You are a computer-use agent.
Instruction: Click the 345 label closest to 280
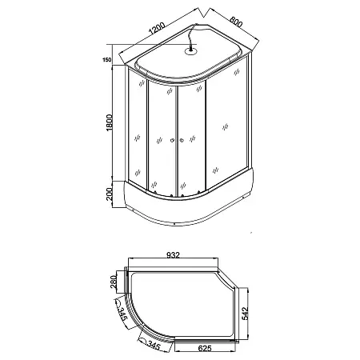(122, 314)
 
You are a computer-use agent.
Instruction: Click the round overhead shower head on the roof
(190, 53)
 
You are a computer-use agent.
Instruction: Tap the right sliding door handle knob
(182, 142)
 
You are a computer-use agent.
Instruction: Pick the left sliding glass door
(160, 140)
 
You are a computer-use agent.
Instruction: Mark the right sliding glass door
(193, 140)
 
